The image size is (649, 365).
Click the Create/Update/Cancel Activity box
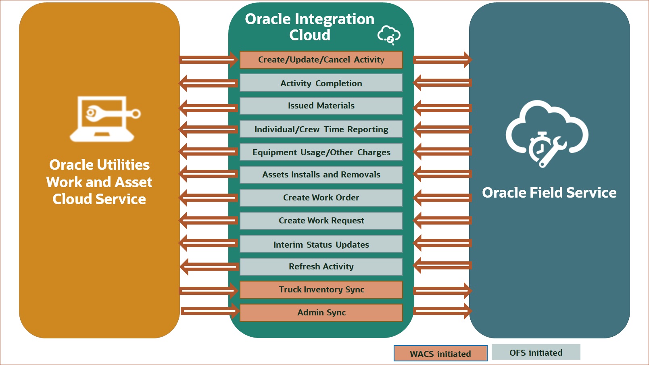point(321,60)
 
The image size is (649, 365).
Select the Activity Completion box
point(321,83)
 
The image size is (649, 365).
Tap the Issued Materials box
point(321,106)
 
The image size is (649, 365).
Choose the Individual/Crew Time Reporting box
point(321,129)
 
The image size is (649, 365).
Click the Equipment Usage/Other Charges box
point(321,152)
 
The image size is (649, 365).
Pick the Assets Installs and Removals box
point(321,175)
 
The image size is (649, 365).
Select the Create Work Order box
point(321,198)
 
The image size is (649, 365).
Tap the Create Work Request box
point(321,221)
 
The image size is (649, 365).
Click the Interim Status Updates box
point(321,244)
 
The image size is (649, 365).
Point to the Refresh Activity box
point(321,267)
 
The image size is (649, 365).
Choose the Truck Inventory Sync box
point(321,290)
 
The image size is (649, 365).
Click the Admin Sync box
point(321,313)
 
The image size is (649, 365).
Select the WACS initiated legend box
point(440,353)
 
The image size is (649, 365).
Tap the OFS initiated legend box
point(536,352)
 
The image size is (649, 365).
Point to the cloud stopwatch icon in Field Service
point(547,133)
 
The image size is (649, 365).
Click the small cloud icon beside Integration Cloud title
point(389,35)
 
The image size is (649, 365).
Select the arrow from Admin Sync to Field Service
point(442,311)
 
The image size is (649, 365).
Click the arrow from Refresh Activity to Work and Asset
point(209,267)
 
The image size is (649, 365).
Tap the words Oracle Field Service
point(549,193)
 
